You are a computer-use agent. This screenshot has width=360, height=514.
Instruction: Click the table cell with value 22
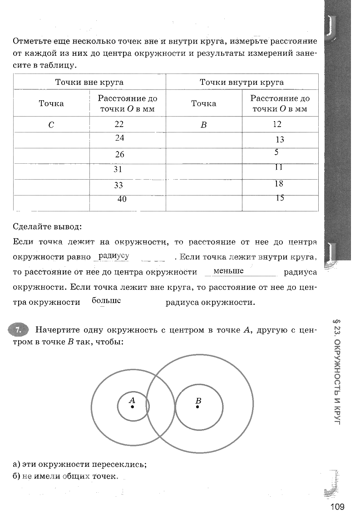[119, 124]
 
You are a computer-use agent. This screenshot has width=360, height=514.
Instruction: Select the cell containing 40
[122, 199]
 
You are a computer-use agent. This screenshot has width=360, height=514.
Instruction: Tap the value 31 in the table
[118, 170]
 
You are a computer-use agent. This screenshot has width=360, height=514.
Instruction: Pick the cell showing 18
[279, 183]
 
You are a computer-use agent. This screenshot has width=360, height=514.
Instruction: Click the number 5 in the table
[276, 153]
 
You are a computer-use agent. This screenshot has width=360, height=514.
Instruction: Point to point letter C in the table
[51, 125]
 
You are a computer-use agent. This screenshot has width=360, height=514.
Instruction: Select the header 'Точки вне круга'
[89, 82]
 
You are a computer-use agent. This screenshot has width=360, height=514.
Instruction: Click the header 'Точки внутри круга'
[242, 82]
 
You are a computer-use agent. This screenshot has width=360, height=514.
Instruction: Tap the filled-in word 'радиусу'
[113, 256]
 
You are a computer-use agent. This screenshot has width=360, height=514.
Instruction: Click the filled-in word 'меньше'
[228, 271]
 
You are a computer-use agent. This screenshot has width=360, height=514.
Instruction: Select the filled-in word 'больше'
[106, 300]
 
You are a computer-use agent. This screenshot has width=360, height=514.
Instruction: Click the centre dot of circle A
[132, 407]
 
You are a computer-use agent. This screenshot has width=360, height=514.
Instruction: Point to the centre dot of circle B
[197, 407]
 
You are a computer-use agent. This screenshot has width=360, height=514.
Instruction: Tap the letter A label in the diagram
[132, 400]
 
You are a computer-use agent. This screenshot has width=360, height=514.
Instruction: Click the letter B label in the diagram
[198, 401]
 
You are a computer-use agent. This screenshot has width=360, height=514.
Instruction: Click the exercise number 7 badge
[18, 330]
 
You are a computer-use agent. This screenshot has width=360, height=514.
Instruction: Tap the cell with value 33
[118, 185]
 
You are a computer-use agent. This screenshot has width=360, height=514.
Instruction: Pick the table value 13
[280, 140]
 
